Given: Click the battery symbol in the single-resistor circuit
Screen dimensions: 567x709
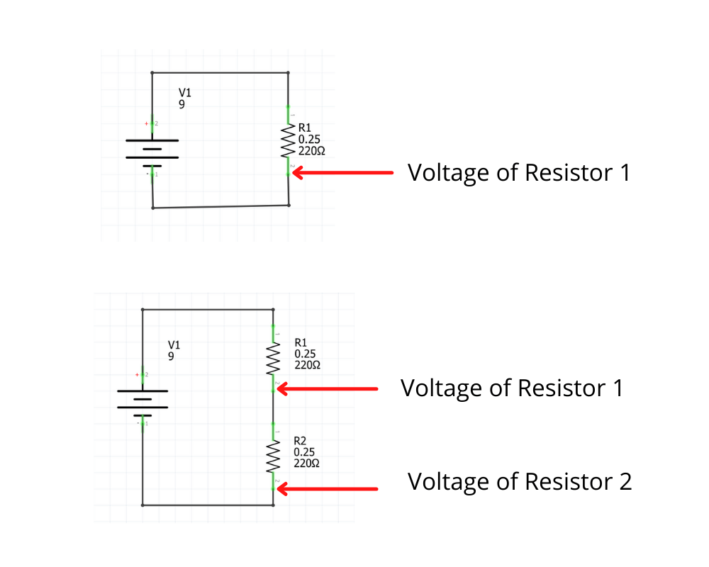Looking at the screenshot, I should [152, 149].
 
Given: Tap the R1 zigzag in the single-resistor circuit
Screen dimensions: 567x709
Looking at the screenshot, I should [289, 142].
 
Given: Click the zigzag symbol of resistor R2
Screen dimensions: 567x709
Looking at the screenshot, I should [273, 457].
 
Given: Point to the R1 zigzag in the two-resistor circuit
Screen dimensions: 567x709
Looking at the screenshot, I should [273, 359].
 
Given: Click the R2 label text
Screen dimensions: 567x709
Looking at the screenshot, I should [300, 441].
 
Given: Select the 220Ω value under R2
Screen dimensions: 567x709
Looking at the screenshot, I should [306, 464].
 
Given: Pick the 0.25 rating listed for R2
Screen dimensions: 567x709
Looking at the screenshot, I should [304, 452].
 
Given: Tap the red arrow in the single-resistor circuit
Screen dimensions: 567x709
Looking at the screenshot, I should [343, 172].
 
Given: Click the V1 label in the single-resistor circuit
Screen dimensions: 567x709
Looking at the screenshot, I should [184, 93].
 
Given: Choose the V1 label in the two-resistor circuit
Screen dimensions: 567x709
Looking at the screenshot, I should [174, 345].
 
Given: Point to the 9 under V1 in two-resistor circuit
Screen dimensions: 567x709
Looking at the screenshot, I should [171, 357].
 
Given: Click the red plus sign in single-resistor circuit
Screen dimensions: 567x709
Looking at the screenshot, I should [147, 124].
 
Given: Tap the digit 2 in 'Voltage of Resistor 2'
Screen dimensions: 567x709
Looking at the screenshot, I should [624, 482].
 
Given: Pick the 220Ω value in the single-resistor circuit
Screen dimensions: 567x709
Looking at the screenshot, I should [311, 151].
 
